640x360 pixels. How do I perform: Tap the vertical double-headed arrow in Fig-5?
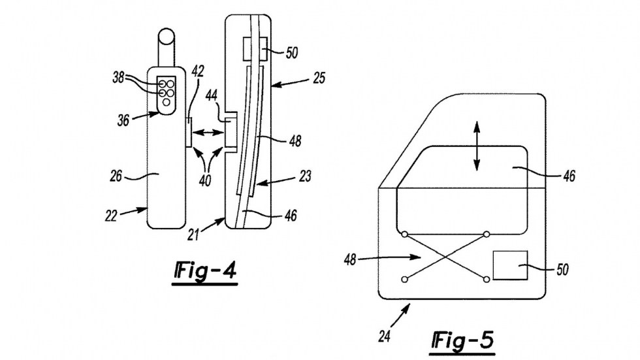click(476, 147)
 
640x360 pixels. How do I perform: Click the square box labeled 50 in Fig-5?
click(510, 264)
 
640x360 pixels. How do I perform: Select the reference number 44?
click(212, 96)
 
